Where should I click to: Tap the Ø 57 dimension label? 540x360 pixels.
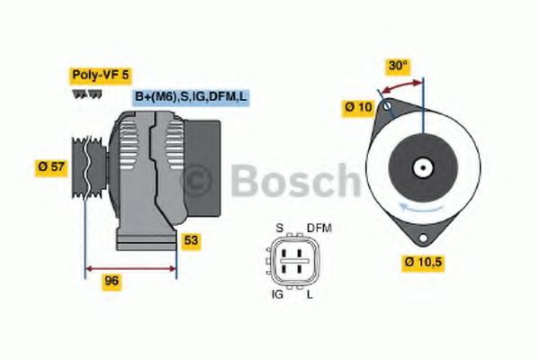[x=51, y=166]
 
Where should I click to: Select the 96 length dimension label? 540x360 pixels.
[x=112, y=280]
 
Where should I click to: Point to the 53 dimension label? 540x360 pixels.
[x=190, y=240]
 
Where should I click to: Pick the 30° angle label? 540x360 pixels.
[x=397, y=66]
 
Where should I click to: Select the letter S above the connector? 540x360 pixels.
[x=279, y=228]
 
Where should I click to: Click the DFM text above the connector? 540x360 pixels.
[x=319, y=228]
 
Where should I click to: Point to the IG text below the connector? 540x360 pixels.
[x=277, y=293]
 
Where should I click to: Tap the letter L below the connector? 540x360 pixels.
[x=310, y=293]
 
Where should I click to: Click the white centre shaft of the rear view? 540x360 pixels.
[x=421, y=166]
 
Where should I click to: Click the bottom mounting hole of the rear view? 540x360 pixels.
[x=420, y=236]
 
